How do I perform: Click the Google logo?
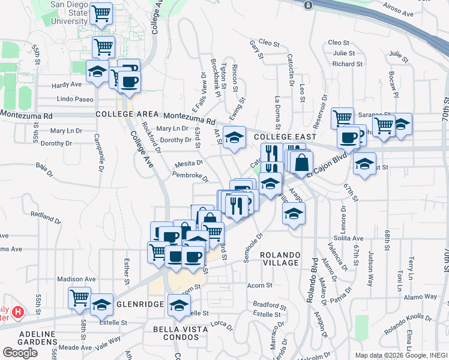click(x=20, y=353)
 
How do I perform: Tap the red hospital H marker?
click(x=18, y=312)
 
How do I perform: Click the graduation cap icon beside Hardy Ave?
click(x=97, y=71)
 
